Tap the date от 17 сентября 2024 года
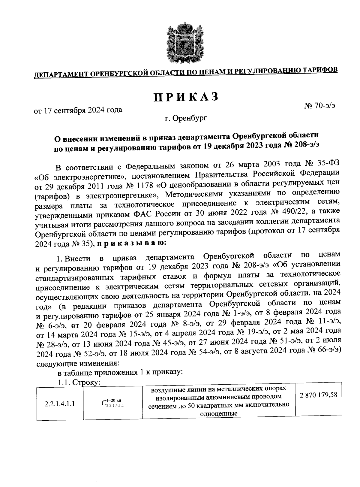pyautogui.click(x=79, y=110)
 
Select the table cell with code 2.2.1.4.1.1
pyautogui.click(x=60, y=404)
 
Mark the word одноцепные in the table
pyautogui.click(x=219, y=414)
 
